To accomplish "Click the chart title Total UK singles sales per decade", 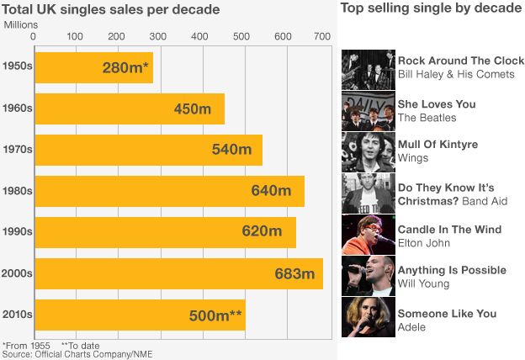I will [x=111, y=10].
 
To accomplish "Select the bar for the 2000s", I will [x=178, y=273].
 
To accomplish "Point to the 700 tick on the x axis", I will [x=321, y=37].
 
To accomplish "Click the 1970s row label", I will [x=17, y=150].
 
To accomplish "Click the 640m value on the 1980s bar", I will [x=271, y=191].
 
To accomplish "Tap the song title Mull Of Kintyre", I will [x=437, y=145].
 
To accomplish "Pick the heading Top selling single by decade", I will [x=430, y=9].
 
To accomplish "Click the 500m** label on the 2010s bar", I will [x=216, y=315].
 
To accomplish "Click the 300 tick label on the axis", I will [x=156, y=37].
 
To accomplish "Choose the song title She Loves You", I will [x=437, y=104].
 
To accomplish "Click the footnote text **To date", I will [x=81, y=345].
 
